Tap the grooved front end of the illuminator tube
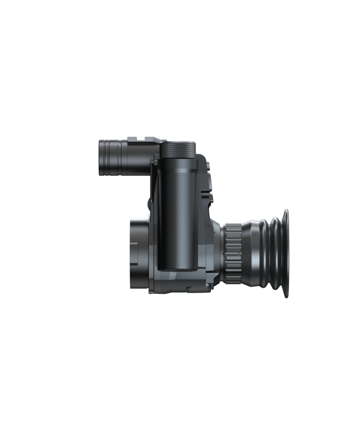109,157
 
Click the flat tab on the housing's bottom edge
198,289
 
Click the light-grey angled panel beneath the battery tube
175,280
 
